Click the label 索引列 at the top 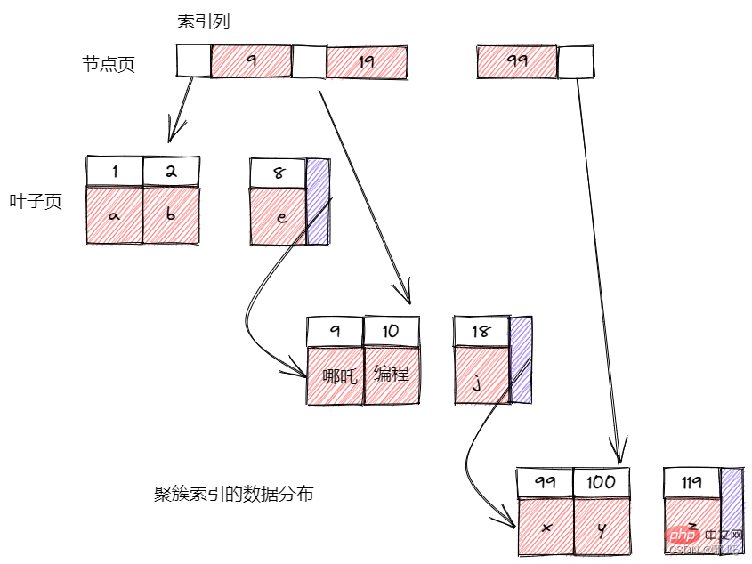tap(203, 22)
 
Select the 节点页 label tap(109, 64)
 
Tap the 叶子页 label tap(36, 202)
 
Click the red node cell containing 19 tap(367, 62)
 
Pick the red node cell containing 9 tap(251, 62)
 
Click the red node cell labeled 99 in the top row tap(517, 62)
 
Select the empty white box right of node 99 tap(576, 62)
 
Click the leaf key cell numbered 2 tap(171, 171)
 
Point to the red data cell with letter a tap(114, 215)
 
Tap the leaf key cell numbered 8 tap(279, 173)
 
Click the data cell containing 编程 tap(392, 374)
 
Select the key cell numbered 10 tap(392, 332)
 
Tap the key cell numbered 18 tap(481, 332)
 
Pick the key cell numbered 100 tap(601, 483)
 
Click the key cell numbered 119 tap(691, 483)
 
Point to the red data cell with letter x tap(545, 527)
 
